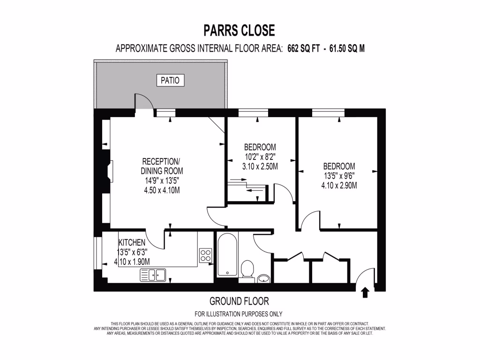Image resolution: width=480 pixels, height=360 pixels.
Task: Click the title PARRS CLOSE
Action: [x=239, y=30]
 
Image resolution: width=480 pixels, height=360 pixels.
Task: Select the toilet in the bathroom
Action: [x=247, y=270]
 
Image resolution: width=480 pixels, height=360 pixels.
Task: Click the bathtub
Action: [x=227, y=255]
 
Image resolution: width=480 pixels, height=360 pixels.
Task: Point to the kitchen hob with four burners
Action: [x=205, y=255]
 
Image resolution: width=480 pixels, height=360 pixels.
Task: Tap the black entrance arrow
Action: [x=366, y=293]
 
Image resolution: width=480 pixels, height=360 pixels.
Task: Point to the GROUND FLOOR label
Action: [x=239, y=301]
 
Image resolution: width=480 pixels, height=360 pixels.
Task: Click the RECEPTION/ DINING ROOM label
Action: [x=162, y=166]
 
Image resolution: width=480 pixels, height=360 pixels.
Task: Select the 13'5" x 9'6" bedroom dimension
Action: [x=339, y=176]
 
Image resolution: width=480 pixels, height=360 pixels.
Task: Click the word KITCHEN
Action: [x=132, y=242]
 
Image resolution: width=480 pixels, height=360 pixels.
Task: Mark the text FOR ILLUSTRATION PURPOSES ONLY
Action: [x=239, y=314]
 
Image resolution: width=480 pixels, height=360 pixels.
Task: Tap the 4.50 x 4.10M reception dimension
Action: [x=162, y=190]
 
